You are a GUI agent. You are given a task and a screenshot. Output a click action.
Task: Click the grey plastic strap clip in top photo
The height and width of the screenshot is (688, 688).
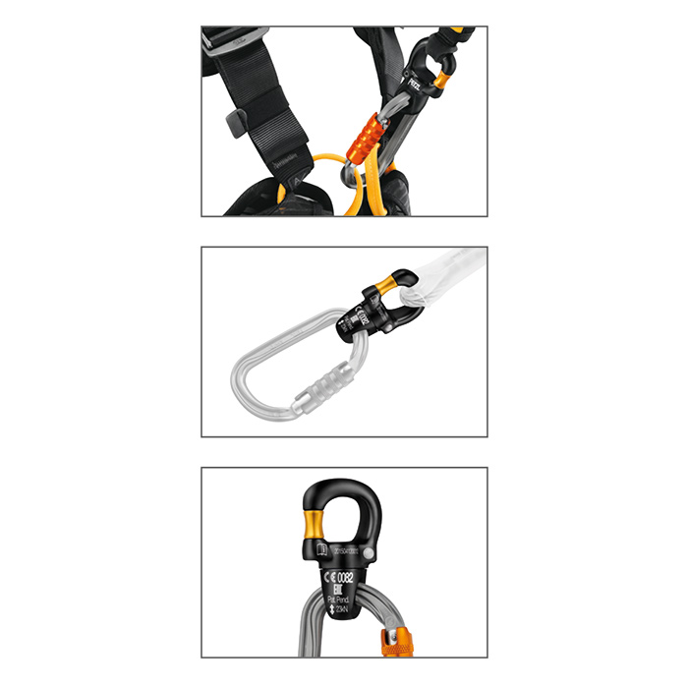tap(235, 123)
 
